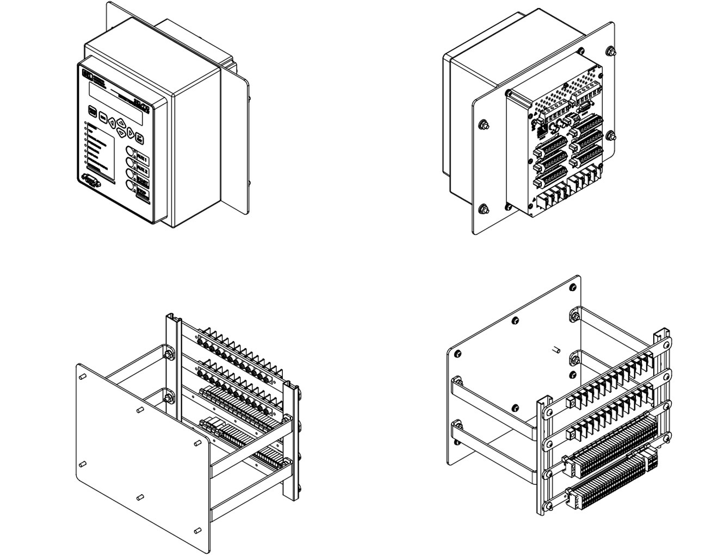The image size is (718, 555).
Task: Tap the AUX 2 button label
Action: pyautogui.click(x=143, y=170)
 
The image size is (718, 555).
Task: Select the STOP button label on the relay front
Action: pyautogui.click(x=143, y=193)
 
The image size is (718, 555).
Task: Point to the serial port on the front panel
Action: pyautogui.click(x=91, y=180)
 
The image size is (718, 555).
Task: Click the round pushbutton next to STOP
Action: pyautogui.click(x=131, y=186)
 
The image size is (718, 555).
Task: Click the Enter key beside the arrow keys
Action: pyautogui.click(x=140, y=138)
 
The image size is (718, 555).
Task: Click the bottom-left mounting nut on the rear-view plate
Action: pyautogui.click(x=483, y=209)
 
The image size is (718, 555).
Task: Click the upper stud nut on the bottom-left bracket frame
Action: pyautogui.click(x=168, y=355)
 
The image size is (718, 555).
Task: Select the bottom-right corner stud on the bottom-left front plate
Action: pyautogui.click(x=197, y=530)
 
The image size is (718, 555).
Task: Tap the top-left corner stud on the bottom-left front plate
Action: pyautogui.click(x=82, y=376)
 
